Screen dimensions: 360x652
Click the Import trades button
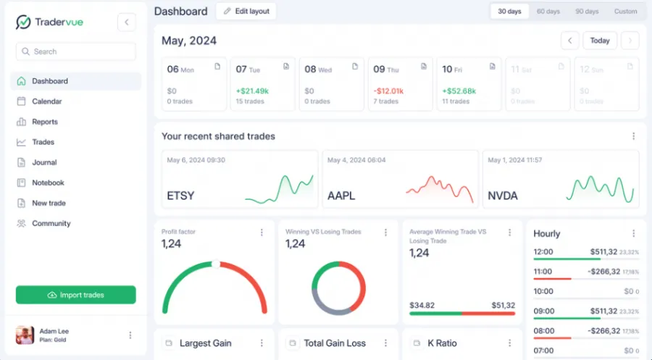pos(75,295)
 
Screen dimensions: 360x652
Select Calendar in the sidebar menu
pos(46,101)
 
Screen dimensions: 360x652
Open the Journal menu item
pos(44,162)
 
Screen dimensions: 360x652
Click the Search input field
pos(75,51)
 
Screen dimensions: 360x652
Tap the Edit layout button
pos(246,12)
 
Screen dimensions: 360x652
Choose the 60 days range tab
pos(548,12)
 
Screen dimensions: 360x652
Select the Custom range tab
pos(625,12)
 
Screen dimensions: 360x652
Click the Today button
pos(599,41)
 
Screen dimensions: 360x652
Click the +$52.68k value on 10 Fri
pos(459,91)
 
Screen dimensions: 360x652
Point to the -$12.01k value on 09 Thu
pos(388,91)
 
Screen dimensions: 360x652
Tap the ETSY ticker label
pos(180,196)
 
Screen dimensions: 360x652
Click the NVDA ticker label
pos(503,196)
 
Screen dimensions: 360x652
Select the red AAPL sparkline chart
pos(439,188)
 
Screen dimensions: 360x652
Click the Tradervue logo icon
pos(23,22)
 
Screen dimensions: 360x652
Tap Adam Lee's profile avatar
pos(25,335)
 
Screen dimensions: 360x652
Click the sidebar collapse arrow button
pos(127,22)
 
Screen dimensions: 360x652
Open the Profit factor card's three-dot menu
pos(262,233)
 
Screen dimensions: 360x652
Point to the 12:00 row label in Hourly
pos(543,252)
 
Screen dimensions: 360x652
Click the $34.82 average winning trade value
pos(422,306)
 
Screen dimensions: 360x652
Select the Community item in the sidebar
pos(51,223)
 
